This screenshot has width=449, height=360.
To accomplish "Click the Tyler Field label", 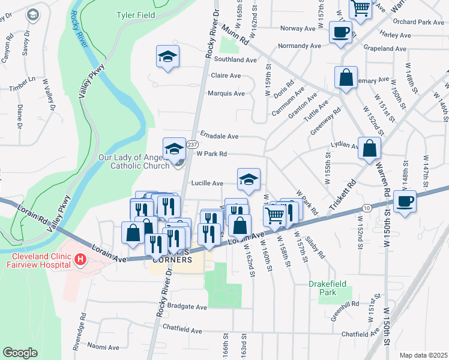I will [x=136, y=15].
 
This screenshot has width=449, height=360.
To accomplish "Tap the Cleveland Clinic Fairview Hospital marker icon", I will [x=80, y=260].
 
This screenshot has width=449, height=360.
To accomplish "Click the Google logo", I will [x=20, y=353].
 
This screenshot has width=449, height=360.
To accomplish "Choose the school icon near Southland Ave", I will [x=167, y=57].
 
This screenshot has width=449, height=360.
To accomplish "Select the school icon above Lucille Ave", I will [x=249, y=179].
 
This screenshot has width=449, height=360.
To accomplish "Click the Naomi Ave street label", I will [x=103, y=347].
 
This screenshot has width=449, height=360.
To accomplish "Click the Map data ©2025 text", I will [x=423, y=355].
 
